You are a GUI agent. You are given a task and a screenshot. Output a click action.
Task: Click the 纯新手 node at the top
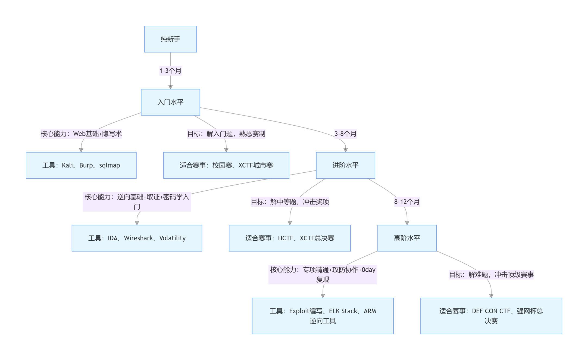pos(170,39)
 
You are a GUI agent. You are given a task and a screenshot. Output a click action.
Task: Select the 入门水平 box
pos(170,102)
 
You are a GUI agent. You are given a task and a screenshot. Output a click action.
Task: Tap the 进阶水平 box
pos(345,165)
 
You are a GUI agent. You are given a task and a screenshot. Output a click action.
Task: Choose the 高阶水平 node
pos(407,238)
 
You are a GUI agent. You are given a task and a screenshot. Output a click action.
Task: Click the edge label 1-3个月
pos(170,71)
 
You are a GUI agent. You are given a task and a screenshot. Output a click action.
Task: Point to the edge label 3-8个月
pos(345,134)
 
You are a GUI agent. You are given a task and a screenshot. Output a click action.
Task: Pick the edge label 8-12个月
pos(407,202)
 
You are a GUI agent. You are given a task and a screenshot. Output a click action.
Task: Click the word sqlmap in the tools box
pos(110,165)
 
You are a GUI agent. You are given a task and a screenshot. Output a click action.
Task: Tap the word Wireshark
pos(138,238)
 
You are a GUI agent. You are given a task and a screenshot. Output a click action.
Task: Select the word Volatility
pos(172,238)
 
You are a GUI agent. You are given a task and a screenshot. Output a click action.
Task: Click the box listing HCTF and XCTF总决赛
pos(290,238)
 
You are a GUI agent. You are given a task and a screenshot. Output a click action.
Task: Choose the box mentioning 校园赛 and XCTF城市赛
pos(226,165)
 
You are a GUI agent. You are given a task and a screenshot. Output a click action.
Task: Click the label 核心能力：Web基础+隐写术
pos(81,134)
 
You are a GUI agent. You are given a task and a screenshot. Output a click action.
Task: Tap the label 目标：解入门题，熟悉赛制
pos(226,134)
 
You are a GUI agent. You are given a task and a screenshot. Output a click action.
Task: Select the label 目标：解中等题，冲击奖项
pos(290,202)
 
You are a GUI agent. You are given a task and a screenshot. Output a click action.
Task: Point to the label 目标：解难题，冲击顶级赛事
pos(491,275)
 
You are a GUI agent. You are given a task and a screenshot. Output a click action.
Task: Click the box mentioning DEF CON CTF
pos(491,316)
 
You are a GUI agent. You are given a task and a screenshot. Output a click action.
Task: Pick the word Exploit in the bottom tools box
pos(299,311)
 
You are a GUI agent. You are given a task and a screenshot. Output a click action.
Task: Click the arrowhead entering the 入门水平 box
pos(170,87)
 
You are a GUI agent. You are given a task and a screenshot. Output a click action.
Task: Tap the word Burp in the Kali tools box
pos(86,165)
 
